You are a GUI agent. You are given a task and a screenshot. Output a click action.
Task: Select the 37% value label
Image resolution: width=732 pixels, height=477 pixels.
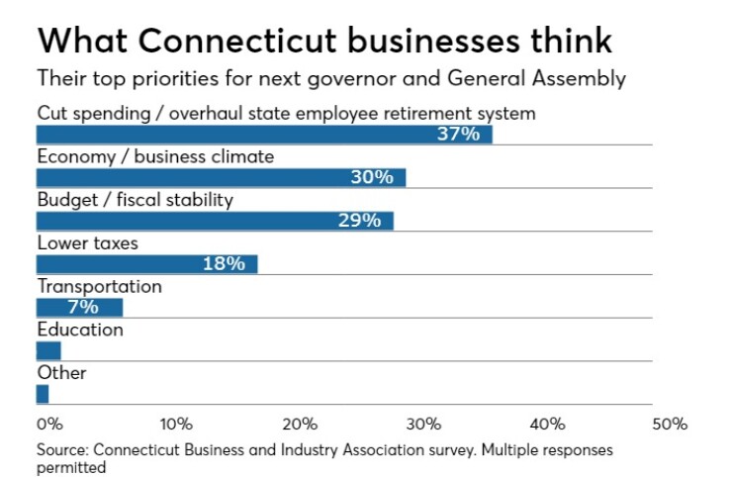[458, 135]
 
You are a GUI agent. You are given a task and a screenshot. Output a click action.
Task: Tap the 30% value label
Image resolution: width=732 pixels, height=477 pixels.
[372, 178]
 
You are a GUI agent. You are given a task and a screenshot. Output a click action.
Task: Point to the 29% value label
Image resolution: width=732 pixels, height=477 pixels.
[359, 221]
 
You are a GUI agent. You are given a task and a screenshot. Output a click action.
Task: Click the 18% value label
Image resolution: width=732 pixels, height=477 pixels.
[223, 263]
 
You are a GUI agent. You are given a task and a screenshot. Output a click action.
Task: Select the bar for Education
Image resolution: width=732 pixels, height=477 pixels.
[48, 350]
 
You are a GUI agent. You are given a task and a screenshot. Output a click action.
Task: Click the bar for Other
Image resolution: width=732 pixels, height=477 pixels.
[43, 394]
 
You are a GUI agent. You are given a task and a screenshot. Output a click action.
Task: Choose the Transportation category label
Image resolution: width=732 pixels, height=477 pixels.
[99, 286]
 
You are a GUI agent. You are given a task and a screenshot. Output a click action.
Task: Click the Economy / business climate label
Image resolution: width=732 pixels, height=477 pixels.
[155, 156]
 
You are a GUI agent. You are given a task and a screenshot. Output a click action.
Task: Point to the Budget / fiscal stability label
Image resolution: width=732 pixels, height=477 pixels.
[135, 200]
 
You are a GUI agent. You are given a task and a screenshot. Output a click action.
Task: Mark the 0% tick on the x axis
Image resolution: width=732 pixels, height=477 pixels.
[48, 424]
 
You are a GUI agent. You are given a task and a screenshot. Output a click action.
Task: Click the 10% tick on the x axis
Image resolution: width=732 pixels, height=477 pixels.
[175, 424]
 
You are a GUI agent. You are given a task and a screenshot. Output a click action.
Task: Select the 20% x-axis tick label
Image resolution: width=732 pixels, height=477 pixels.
[299, 424]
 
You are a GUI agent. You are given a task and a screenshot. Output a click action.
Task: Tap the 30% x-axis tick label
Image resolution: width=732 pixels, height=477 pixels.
[422, 424]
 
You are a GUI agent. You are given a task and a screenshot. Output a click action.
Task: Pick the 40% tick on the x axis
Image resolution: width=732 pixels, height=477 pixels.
[546, 424]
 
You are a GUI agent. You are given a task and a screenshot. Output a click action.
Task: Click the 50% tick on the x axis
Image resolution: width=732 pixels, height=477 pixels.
[669, 424]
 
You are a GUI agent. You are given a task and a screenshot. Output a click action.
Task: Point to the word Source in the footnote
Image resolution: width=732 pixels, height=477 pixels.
[62, 450]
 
